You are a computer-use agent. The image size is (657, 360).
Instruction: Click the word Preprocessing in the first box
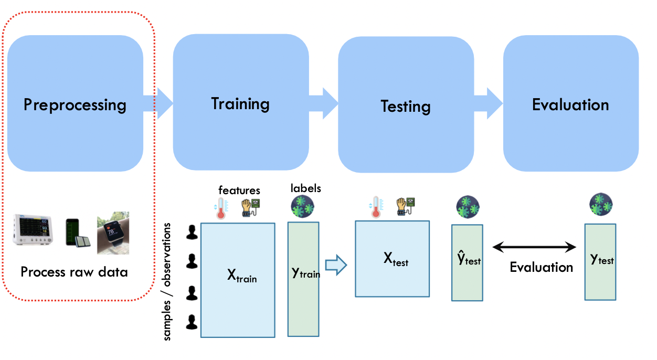(x=75, y=105)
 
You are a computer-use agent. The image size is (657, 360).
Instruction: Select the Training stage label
(x=240, y=103)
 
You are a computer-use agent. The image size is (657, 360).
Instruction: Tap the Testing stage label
(x=406, y=107)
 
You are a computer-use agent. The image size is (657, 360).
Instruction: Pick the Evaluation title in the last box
(x=570, y=105)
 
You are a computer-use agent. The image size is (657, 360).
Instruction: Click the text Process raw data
(x=74, y=272)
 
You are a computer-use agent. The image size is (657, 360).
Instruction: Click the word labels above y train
(x=305, y=187)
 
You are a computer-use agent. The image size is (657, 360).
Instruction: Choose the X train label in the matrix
(x=241, y=277)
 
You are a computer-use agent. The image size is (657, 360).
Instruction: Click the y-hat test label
(x=469, y=259)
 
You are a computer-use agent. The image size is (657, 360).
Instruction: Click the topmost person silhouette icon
(x=192, y=232)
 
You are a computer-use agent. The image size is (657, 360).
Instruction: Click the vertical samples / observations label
(x=167, y=281)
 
